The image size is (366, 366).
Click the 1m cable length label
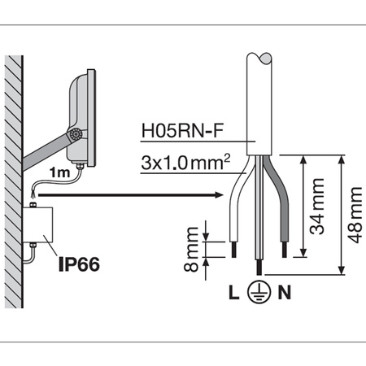(58, 172)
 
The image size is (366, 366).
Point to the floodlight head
(84, 114)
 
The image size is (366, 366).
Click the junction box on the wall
(37, 224)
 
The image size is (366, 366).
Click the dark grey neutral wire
(280, 203)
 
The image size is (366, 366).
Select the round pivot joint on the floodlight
(76, 135)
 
